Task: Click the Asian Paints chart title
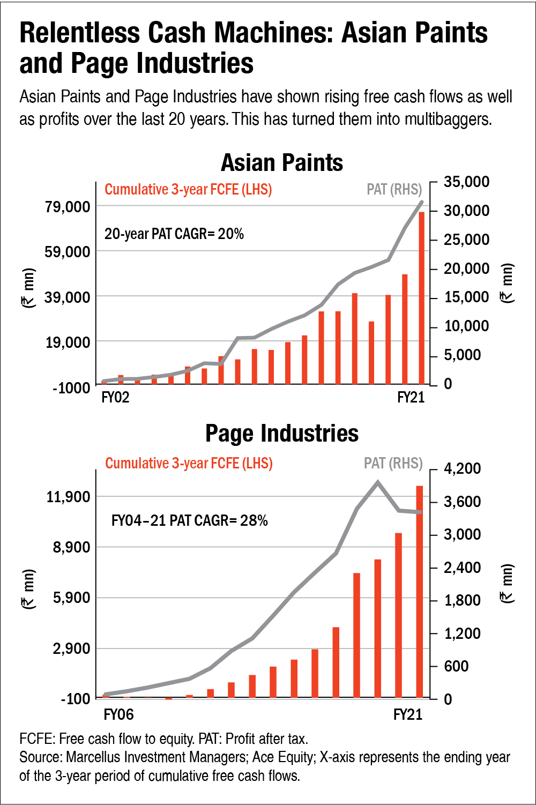point(282,162)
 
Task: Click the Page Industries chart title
point(282,433)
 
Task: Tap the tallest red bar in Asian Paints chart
point(421,297)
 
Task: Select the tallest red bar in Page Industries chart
point(420,592)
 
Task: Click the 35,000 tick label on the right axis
point(466,182)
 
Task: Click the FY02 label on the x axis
point(115,398)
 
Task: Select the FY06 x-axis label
point(118,715)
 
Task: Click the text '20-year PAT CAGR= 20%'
point(174,234)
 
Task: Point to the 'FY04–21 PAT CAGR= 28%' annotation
point(189,520)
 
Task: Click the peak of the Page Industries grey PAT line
point(378,482)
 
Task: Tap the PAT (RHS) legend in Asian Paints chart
point(394,189)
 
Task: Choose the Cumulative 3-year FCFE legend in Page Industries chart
point(189,463)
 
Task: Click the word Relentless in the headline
point(80,33)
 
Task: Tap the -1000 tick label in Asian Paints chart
point(71,387)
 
